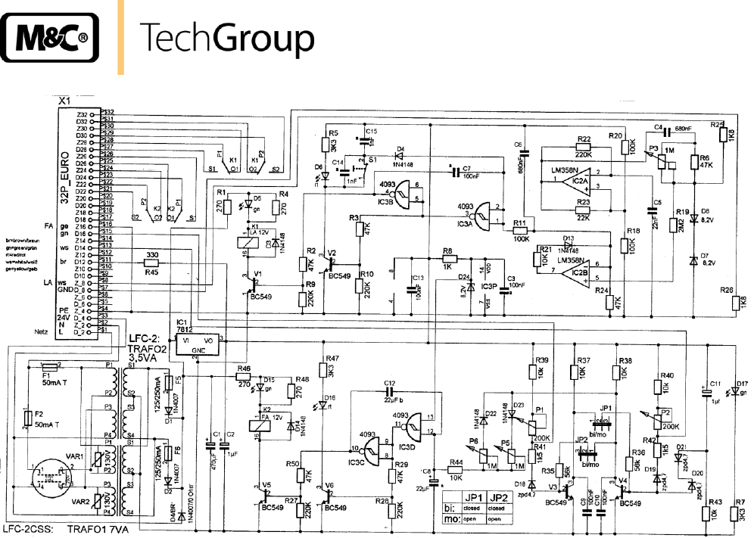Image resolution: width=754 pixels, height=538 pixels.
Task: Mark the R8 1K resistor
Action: coord(448,258)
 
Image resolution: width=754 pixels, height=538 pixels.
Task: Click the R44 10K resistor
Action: coord(456,471)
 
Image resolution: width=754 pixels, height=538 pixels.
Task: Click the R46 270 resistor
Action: coord(243,376)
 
